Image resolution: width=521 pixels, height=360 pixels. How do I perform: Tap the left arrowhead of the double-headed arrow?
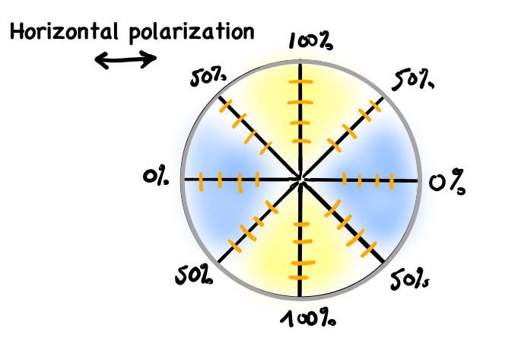pos(101,62)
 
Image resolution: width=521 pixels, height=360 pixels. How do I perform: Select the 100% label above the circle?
pos(310,43)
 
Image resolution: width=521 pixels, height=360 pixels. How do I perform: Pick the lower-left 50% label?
pos(194,276)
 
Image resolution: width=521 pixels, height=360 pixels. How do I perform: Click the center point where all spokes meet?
pos(301,180)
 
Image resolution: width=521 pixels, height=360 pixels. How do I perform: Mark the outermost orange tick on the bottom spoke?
pos(301,264)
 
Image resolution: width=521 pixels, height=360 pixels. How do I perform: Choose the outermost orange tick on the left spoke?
pos(201,183)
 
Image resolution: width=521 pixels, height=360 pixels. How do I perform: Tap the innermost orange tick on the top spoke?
pos(301,142)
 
